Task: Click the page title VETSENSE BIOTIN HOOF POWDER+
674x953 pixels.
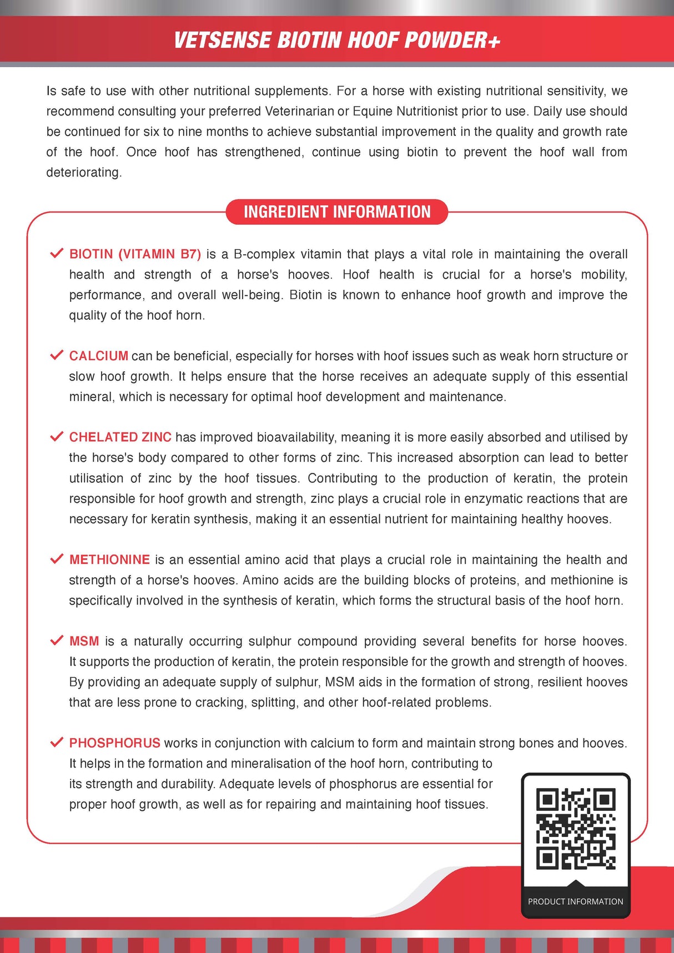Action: click(337, 41)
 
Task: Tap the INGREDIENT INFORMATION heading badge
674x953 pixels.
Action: click(337, 212)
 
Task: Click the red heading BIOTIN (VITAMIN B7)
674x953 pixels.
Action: click(135, 254)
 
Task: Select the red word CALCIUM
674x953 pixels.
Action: click(99, 356)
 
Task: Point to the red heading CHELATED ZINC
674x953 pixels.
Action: click(120, 437)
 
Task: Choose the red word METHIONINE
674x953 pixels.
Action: click(109, 559)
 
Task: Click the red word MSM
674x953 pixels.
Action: click(84, 641)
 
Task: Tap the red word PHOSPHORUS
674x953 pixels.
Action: click(114, 743)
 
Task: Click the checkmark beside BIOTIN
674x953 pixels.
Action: click(57, 254)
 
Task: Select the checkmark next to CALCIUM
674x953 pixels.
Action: click(57, 355)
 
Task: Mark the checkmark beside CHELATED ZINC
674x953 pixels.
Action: click(57, 437)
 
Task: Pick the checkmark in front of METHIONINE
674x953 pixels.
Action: click(57, 559)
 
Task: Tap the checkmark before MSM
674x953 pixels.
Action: click(57, 641)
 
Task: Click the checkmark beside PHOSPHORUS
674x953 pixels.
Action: click(57, 743)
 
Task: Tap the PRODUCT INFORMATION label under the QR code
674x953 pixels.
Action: click(576, 901)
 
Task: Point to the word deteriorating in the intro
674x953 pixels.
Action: click(83, 173)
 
